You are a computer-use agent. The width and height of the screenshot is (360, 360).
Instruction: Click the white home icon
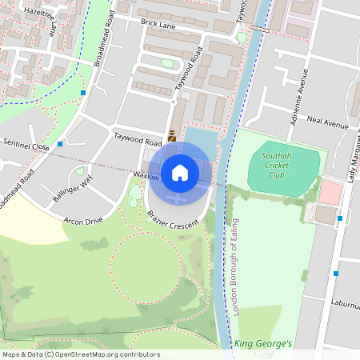(x=180, y=172)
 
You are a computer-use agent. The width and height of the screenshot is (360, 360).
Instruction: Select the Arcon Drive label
(x=84, y=220)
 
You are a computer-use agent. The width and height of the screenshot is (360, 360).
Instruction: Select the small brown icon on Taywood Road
(x=172, y=136)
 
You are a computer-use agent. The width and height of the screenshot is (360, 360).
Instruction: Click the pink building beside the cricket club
(x=330, y=192)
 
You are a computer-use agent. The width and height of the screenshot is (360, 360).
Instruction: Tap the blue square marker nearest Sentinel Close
(x=60, y=145)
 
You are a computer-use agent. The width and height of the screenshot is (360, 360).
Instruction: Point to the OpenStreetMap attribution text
(x=80, y=354)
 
